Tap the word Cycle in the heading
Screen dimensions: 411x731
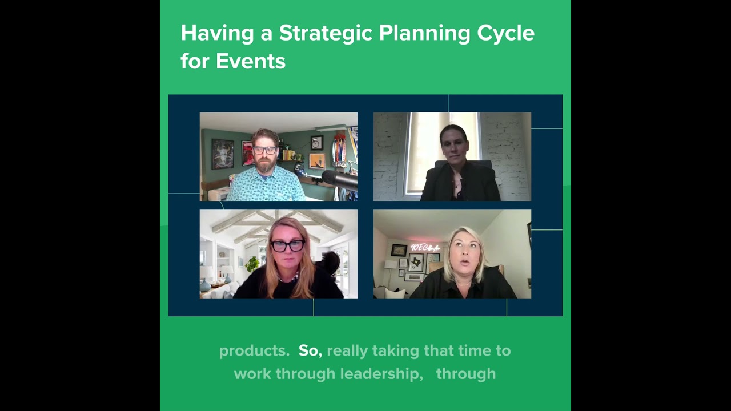click(505, 33)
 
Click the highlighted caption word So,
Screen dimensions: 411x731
click(310, 350)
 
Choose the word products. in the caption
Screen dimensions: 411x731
click(254, 350)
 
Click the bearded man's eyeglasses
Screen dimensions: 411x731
click(264, 150)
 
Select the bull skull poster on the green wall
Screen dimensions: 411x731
click(222, 154)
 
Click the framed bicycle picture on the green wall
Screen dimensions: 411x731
click(317, 142)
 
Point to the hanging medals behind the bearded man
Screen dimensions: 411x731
click(340, 151)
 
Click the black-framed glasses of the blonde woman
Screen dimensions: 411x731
click(287, 245)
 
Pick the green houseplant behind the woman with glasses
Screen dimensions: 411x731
click(252, 264)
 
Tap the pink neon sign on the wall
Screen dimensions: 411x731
click(425, 248)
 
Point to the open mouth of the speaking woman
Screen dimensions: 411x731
click(464, 262)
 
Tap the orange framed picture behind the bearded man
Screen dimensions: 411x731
click(317, 161)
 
